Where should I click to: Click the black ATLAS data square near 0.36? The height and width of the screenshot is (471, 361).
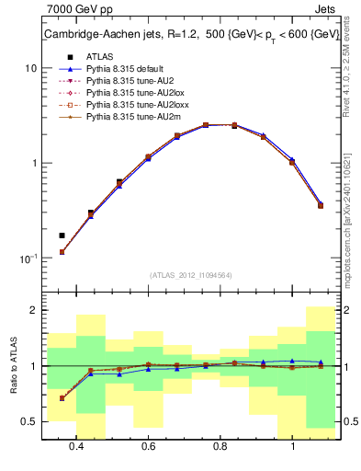[62, 235]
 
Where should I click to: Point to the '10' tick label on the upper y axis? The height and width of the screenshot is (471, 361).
[30, 68]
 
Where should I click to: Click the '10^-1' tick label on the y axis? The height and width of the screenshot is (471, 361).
[28, 258]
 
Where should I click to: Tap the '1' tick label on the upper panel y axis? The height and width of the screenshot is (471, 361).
[33, 163]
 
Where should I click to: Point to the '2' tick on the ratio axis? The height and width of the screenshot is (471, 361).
[33, 311]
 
